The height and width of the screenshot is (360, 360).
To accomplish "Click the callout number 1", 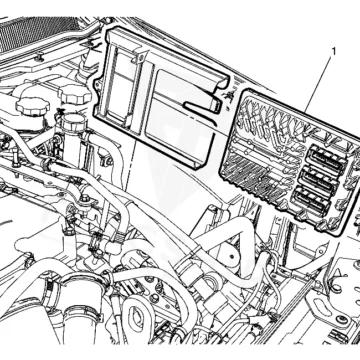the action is pos(334,52).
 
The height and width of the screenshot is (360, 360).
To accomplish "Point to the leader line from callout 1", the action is pos(319,85).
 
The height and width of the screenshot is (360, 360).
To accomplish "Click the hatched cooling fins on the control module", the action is pos(247,173).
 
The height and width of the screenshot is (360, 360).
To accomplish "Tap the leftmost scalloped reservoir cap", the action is pos(33,106).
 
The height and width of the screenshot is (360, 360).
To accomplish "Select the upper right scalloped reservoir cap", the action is pos(75,94).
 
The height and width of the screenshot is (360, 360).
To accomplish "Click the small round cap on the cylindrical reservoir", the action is pos(71,122).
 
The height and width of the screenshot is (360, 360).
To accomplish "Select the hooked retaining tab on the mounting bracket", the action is pos(203,104).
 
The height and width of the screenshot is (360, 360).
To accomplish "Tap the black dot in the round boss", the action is pos(231,256).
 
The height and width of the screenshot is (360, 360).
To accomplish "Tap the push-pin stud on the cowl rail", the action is pos(39,57).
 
